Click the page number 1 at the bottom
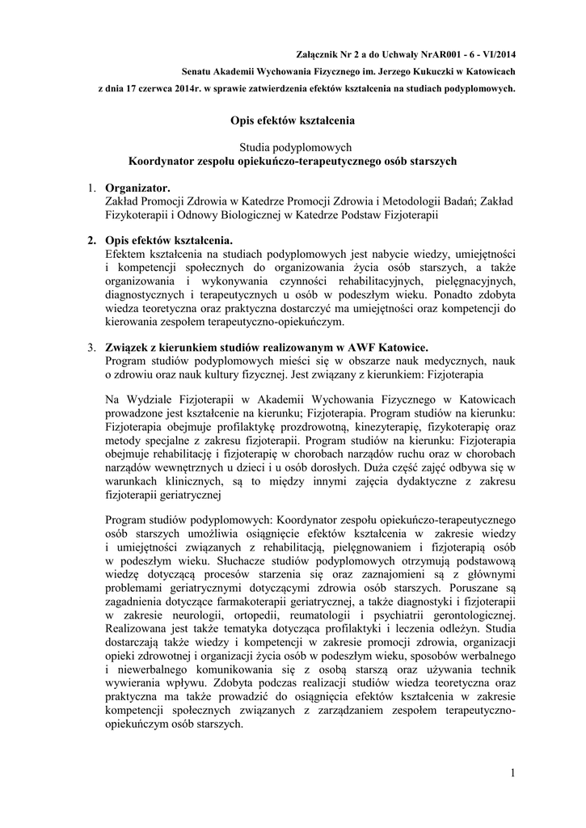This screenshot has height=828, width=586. [x=512, y=775]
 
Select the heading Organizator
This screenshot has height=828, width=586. [x=138, y=188]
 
